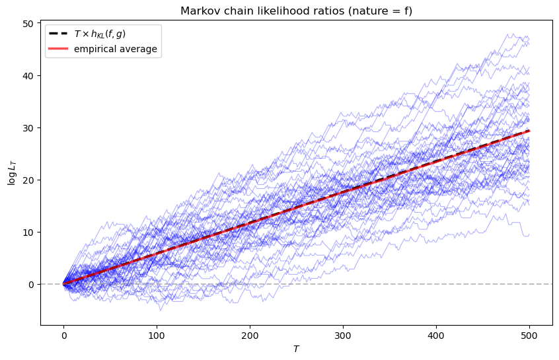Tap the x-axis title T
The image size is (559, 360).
[x=296, y=349]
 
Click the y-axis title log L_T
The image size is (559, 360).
[x=12, y=173]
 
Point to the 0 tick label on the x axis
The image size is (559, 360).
[x=64, y=336]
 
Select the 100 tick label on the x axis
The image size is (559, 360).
[x=157, y=336]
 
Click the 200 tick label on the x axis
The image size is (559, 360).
[x=250, y=336]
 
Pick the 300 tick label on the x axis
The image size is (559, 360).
[x=343, y=336]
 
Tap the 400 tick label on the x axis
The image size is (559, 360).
[x=436, y=336]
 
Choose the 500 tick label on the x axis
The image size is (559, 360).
[x=529, y=336]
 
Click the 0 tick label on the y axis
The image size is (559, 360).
[x=32, y=285]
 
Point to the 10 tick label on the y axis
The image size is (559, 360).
[x=30, y=233]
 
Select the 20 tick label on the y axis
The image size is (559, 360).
[x=30, y=180]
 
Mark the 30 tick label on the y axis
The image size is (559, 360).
[x=30, y=128]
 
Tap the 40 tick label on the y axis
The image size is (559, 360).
[x=30, y=76]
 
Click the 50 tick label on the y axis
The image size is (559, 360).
[x=30, y=24]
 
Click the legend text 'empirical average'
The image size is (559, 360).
[x=116, y=49]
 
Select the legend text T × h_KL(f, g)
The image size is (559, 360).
[x=100, y=34]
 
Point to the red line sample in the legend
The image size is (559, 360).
[x=58, y=49]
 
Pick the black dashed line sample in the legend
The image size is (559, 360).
[x=58, y=34]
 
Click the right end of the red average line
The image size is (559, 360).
[x=529, y=131]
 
